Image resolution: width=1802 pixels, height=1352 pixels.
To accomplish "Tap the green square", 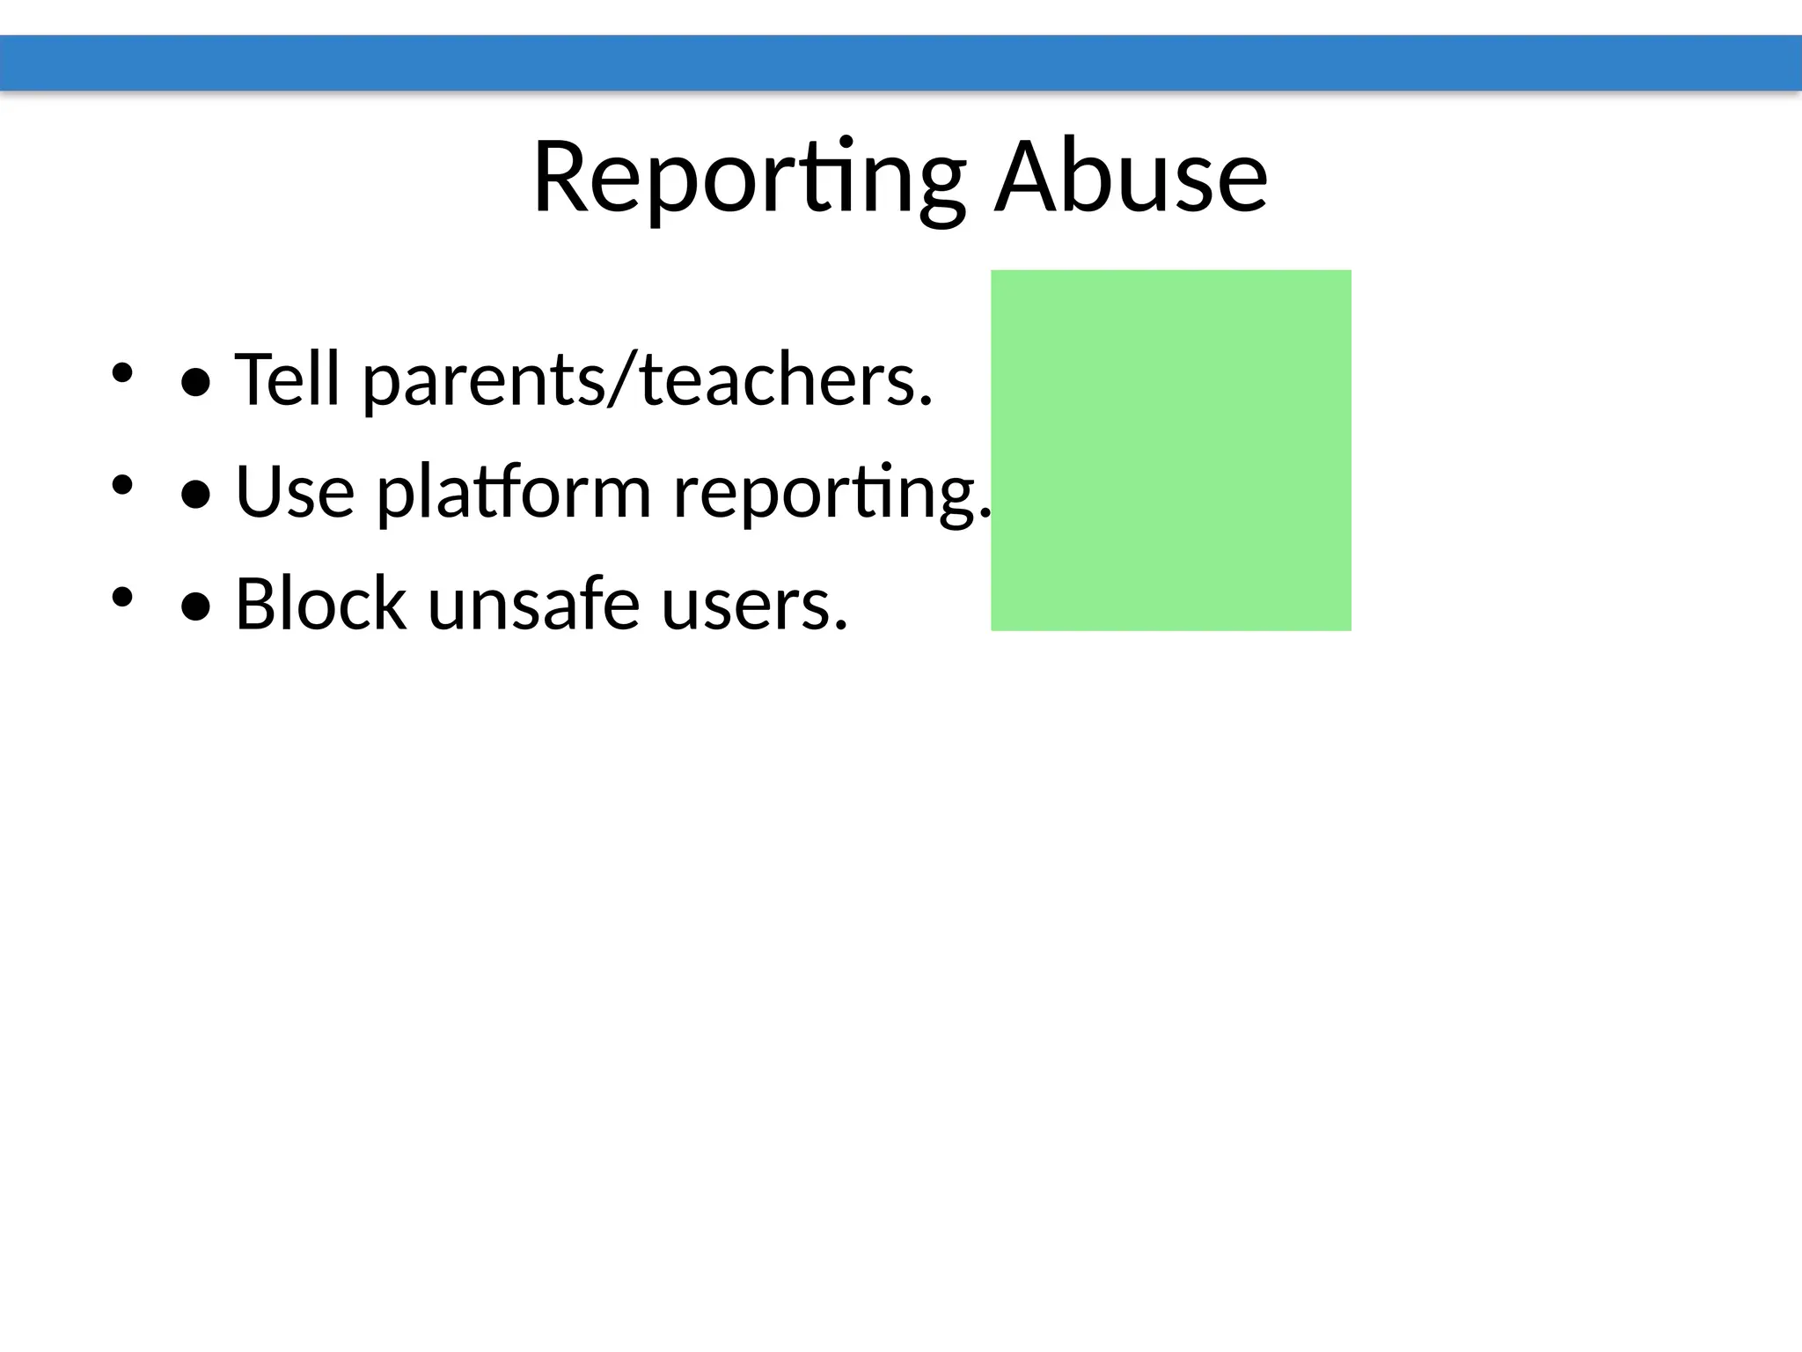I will click(x=1170, y=450).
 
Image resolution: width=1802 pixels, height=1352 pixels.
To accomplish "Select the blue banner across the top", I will click(x=901, y=62).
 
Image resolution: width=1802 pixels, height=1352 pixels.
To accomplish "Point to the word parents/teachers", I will click(x=648, y=380).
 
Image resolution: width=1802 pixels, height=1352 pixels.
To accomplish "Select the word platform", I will click(x=514, y=493).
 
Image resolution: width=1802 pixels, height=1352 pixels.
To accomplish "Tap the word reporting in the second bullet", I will click(x=831, y=493).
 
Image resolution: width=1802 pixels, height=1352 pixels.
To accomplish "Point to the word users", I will click(x=754, y=606).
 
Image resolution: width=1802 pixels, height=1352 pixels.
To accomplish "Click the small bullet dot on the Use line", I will click(x=121, y=484).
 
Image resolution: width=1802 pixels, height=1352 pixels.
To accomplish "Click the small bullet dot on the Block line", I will click(x=121, y=597).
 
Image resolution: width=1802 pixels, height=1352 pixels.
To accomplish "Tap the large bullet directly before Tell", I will click(x=195, y=382).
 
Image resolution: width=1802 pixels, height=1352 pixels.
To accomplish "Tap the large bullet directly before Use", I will click(x=195, y=495).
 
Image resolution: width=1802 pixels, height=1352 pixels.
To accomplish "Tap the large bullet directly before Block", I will click(x=195, y=606).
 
